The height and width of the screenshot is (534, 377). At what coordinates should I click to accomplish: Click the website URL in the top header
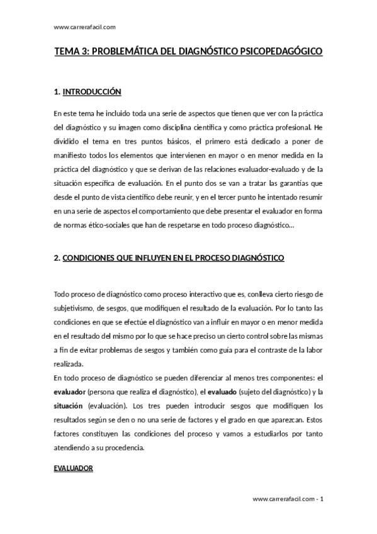(x=85, y=27)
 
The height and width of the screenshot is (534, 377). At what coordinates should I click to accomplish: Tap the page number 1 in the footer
(x=322, y=499)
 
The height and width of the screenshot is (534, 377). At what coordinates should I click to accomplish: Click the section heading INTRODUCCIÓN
(x=92, y=92)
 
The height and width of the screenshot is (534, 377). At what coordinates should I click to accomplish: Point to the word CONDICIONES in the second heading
(x=89, y=258)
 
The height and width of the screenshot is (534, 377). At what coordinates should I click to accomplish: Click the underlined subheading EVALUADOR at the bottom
(x=74, y=469)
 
